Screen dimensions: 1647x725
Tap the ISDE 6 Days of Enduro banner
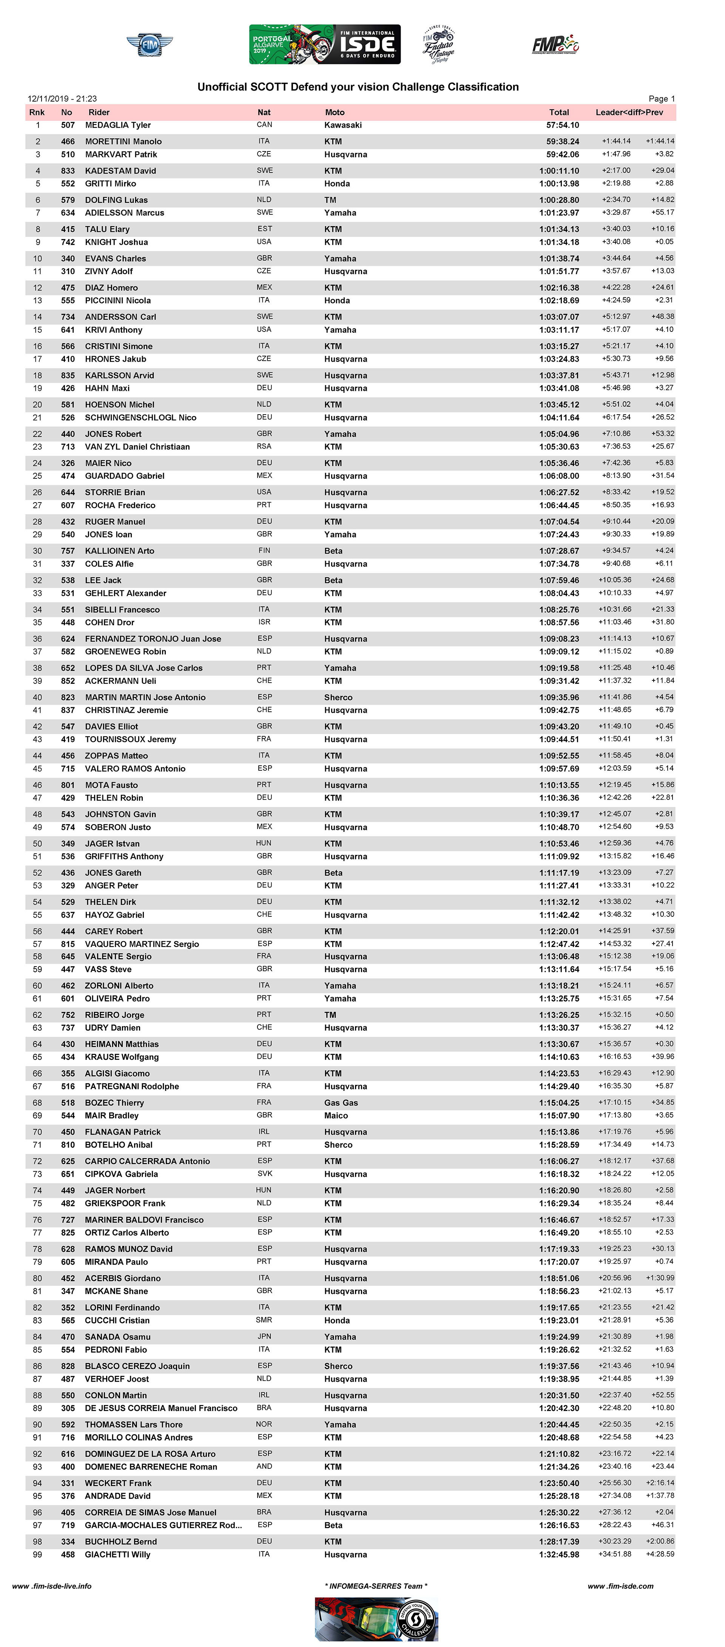point(325,44)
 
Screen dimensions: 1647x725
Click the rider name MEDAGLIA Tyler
point(118,125)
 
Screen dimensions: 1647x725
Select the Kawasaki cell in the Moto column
point(343,125)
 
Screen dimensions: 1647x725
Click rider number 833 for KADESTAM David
point(68,171)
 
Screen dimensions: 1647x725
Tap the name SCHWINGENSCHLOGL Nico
point(140,418)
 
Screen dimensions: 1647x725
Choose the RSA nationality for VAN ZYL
point(264,446)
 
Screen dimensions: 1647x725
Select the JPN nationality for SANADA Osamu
point(264,1336)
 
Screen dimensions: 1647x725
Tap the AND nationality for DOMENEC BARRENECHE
point(264,1466)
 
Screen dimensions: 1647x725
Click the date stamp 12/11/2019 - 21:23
point(62,99)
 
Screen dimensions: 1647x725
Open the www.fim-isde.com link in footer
point(620,1585)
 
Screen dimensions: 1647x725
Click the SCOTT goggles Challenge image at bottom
point(376,1619)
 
